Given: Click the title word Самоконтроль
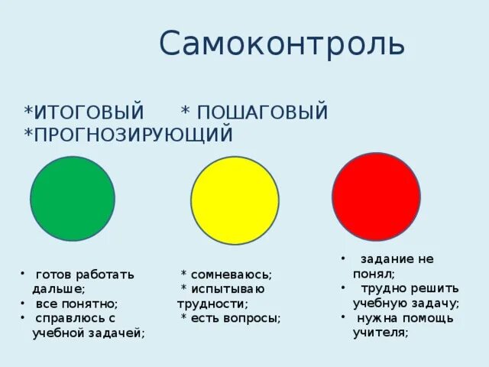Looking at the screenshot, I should [x=282, y=44].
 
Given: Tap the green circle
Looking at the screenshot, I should [x=73, y=198].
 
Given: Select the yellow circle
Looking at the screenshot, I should [x=235, y=200].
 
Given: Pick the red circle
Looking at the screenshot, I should [x=376, y=196].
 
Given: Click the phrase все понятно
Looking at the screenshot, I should [x=76, y=304].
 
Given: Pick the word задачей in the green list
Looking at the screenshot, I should [x=119, y=333].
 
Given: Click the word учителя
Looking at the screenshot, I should [x=380, y=333].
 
